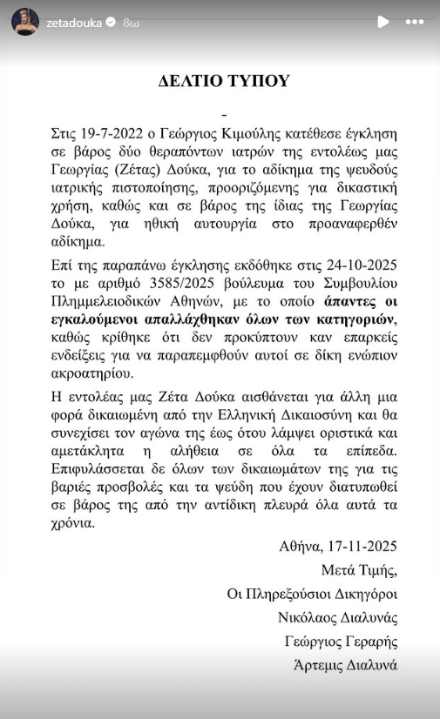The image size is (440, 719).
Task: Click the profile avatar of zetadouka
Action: (x=24, y=22)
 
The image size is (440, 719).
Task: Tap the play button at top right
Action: (x=381, y=22)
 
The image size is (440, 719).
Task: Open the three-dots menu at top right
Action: (x=415, y=22)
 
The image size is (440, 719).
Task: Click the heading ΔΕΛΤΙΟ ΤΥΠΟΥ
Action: (x=223, y=81)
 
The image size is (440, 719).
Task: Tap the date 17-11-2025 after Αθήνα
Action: (x=360, y=547)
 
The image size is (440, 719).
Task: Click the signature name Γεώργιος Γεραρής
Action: (x=341, y=642)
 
